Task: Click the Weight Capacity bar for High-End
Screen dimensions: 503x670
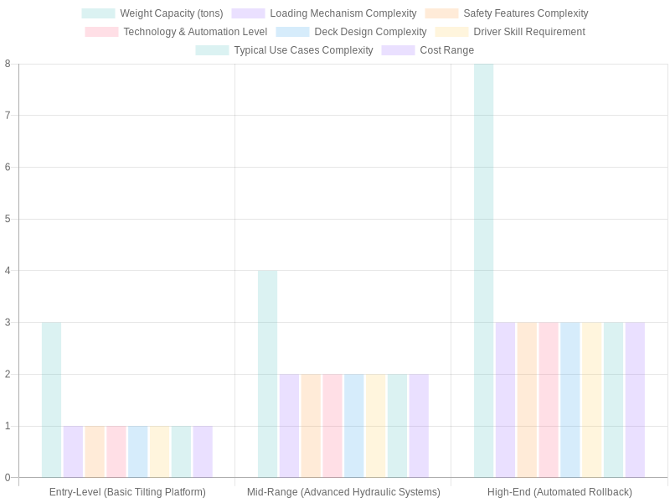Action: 483,271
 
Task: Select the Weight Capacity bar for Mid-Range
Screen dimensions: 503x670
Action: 267,374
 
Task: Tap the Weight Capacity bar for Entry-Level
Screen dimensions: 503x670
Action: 51,400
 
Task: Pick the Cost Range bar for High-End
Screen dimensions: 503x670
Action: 635,400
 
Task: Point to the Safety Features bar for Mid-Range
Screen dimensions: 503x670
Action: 311,426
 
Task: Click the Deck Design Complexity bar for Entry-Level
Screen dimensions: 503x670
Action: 137,452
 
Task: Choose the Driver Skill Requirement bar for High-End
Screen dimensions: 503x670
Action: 591,400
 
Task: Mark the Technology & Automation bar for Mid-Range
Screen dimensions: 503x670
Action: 332,426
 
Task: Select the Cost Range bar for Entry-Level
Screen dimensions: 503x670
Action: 203,452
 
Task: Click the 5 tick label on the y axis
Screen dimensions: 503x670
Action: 8,219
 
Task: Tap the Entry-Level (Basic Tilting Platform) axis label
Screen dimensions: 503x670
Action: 127,492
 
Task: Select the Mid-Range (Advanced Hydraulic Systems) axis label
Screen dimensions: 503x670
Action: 343,492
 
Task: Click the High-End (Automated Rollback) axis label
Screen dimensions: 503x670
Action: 559,492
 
